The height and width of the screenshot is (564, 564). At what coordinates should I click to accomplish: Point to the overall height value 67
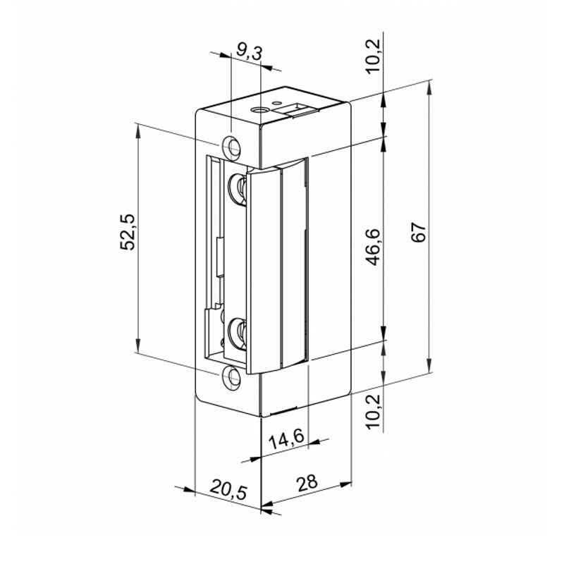419,233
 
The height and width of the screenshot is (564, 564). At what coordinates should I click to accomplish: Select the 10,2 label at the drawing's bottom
374,412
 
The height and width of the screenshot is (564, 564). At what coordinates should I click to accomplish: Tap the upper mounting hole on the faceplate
232,146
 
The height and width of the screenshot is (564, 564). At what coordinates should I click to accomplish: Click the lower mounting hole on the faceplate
232,376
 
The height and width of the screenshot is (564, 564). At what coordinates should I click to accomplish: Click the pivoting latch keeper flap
264,268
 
